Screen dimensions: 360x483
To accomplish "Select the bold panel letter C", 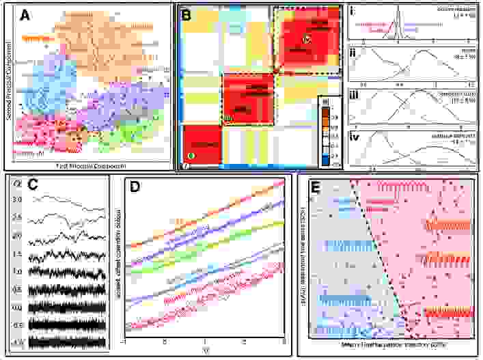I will tap(31, 184).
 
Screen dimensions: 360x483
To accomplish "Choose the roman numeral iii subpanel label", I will tap(355, 92).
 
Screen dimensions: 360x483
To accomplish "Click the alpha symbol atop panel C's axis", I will tap(18, 182).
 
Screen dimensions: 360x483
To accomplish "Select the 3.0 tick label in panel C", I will tap(17, 199).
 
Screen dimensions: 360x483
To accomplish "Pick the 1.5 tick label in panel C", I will tap(17, 253).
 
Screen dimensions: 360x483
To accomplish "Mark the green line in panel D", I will tap(205, 245).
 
